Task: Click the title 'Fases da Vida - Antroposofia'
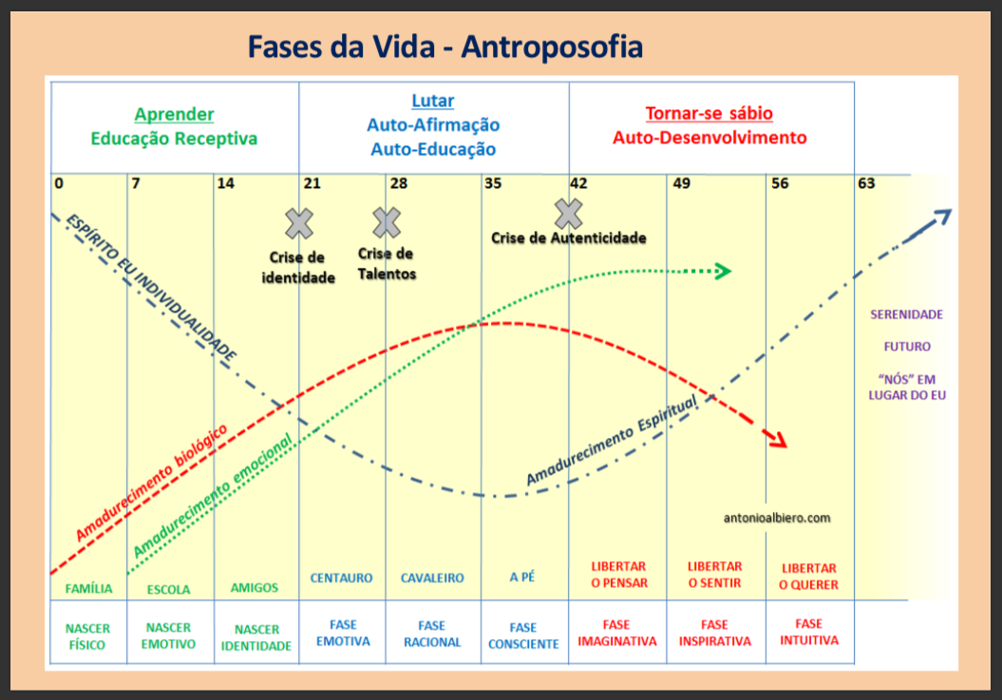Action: click(x=444, y=46)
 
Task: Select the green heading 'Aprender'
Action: click(x=174, y=114)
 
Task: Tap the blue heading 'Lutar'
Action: click(x=432, y=101)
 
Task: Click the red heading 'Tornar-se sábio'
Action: click(x=709, y=113)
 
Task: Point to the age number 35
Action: click(x=493, y=183)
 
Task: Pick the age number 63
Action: click(x=866, y=183)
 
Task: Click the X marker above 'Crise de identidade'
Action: click(x=299, y=223)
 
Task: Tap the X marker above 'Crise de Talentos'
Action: click(x=387, y=222)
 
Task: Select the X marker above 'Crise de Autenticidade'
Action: click(x=568, y=214)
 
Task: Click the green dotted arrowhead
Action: click(x=722, y=272)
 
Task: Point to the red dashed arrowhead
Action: click(x=778, y=440)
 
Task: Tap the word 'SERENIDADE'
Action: click(x=906, y=314)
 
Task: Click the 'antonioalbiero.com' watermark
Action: click(x=777, y=518)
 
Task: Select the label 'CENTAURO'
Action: click(x=341, y=577)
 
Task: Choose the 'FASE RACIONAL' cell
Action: click(x=431, y=634)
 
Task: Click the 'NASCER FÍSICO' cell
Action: click(x=87, y=635)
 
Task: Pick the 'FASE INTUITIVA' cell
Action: click(x=808, y=632)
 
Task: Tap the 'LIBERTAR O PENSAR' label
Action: click(x=617, y=575)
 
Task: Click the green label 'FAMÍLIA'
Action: click(x=88, y=589)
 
